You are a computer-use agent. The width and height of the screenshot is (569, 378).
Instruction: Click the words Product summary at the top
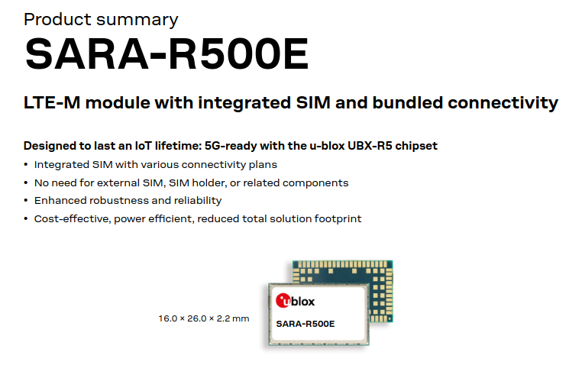pos(101,20)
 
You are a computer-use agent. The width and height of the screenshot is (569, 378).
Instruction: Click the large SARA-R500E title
pos(167,53)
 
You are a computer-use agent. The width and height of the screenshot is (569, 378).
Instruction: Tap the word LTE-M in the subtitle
pos(52,102)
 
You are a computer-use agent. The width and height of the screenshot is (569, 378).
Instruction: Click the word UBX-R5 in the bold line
pos(370,145)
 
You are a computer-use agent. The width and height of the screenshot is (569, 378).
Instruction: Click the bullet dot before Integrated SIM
pos(26,165)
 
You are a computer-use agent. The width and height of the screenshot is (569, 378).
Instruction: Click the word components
pos(315,183)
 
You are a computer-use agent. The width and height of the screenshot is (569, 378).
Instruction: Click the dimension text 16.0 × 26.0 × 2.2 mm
pos(204,318)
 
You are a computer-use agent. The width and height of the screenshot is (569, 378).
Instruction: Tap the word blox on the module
pos(303,302)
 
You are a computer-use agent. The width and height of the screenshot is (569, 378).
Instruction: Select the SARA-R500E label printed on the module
pos(306,324)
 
